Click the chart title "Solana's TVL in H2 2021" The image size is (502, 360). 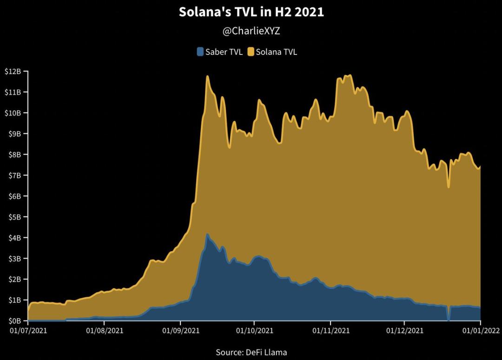[x=251, y=13]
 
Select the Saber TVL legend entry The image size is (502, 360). [x=219, y=52]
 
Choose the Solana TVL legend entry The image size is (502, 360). [x=272, y=52]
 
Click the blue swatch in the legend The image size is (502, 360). [x=200, y=52]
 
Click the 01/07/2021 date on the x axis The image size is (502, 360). [x=28, y=331]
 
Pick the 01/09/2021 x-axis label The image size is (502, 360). [x=180, y=331]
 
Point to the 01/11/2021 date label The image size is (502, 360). [x=330, y=331]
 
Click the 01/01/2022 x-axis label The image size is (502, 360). [x=480, y=331]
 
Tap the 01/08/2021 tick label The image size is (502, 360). [x=104, y=331]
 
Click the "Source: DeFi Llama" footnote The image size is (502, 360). [x=251, y=352]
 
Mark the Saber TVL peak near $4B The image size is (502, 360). [x=207, y=234]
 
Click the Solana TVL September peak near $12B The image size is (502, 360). [x=207, y=76]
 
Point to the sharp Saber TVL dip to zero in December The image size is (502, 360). [x=448, y=320]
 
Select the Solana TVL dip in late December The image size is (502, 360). [x=448, y=187]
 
